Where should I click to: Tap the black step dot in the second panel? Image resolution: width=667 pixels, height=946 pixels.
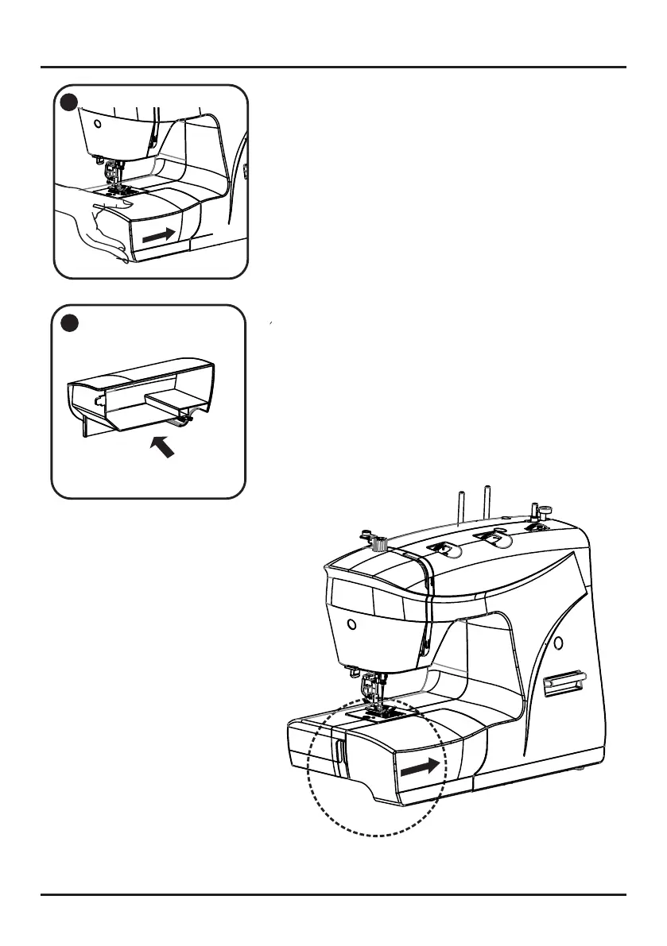point(68,323)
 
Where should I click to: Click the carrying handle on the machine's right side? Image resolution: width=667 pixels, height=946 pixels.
point(563,682)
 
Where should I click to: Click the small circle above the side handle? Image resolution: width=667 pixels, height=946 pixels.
point(557,641)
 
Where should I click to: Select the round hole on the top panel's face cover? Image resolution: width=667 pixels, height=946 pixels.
point(96,125)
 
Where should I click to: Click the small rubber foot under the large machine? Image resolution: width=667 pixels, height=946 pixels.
point(585,768)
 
